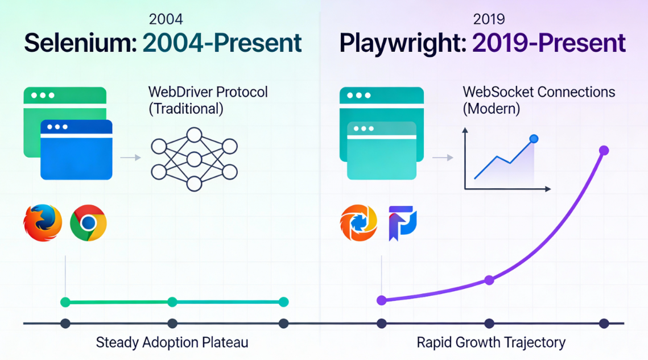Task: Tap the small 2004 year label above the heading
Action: pos(166,19)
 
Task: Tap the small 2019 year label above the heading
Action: pos(489,19)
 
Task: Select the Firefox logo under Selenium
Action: pos(43,222)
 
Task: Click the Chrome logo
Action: pos(88,222)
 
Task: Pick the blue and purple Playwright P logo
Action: pos(403,222)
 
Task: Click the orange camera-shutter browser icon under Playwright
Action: pos(358,222)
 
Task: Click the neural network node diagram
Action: pos(195,159)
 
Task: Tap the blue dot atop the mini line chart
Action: pos(534,139)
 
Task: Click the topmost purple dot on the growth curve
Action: pos(604,151)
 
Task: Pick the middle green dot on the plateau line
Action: pos(172,302)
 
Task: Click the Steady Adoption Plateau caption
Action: pos(172,342)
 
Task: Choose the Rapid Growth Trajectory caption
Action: pos(491,342)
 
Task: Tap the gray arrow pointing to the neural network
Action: pos(131,158)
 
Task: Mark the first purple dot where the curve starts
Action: pos(382,300)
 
